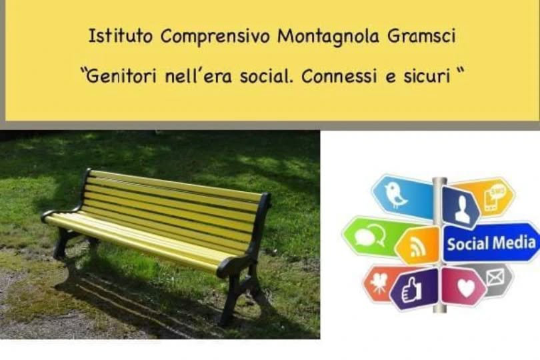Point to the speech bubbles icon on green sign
pos(365,237)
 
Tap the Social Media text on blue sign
pos(491,242)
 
